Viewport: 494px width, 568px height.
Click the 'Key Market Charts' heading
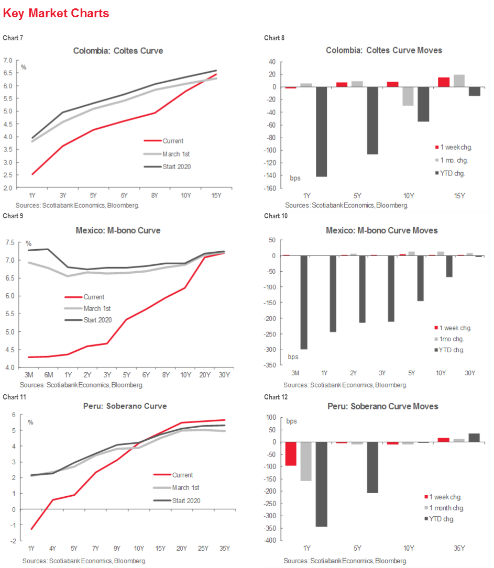pyautogui.click(x=56, y=14)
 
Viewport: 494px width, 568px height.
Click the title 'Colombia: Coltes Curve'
pyautogui.click(x=118, y=51)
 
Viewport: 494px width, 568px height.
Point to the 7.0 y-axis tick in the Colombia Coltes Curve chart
pyautogui.click(x=8, y=60)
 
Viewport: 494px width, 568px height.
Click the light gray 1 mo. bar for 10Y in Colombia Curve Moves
pyautogui.click(x=408, y=96)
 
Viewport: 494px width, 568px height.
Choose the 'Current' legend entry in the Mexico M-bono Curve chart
pyautogui.click(x=94, y=297)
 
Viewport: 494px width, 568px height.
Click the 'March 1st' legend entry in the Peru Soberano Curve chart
pyautogui.click(x=186, y=487)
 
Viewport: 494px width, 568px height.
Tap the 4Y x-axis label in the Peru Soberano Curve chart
pyautogui.click(x=52, y=548)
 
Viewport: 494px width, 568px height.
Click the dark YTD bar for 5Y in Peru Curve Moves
pyautogui.click(x=372, y=467)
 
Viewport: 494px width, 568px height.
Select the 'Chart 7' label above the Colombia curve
pyautogui.click(x=13, y=38)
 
